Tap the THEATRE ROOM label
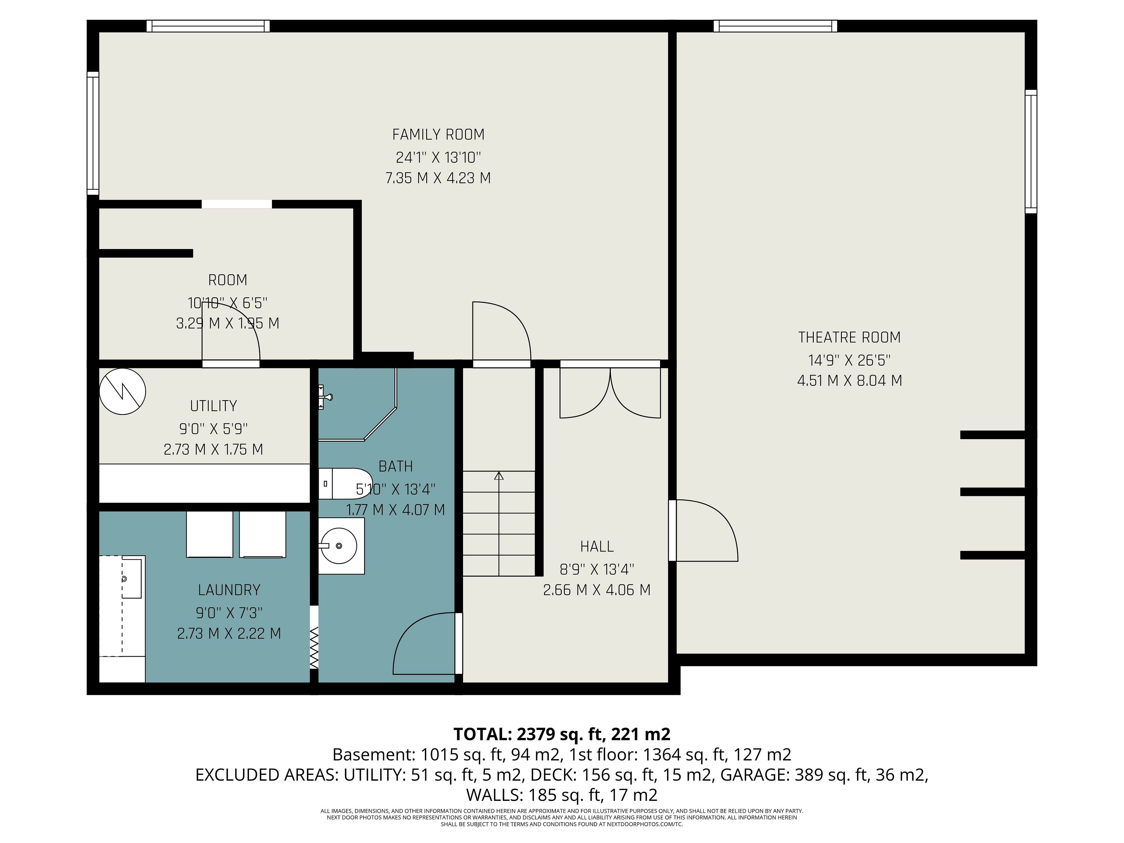pos(849,337)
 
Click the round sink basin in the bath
pos(340,546)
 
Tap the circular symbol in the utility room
pos(122,391)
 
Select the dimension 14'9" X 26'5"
pos(849,360)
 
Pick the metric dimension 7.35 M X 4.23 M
pos(438,178)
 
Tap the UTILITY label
pos(213,406)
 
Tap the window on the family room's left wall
pos(93,133)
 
